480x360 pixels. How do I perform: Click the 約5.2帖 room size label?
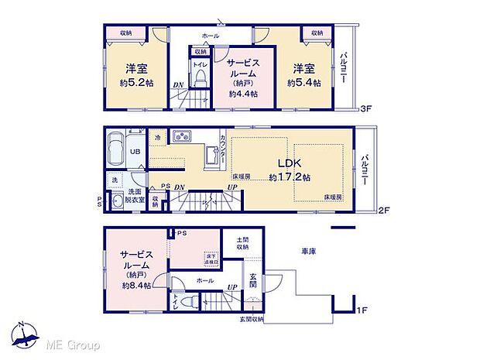tap(133, 81)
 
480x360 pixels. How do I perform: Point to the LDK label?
tap(290, 163)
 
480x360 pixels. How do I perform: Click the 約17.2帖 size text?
tap(290, 177)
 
